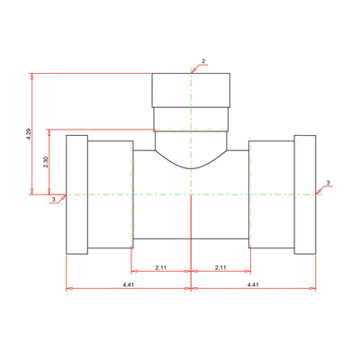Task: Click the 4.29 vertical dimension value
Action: pos(29,134)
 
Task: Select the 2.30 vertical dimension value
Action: pos(46,162)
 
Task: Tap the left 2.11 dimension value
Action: pos(161,267)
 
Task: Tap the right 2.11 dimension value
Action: pos(220,267)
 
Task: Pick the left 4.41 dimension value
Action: pos(128,285)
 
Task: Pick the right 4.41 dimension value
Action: pos(253,285)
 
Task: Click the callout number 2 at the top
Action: pos(203,61)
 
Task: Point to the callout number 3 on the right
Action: pos(328,183)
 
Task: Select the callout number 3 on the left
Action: pos(54,199)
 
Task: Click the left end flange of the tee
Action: pos(76,194)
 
